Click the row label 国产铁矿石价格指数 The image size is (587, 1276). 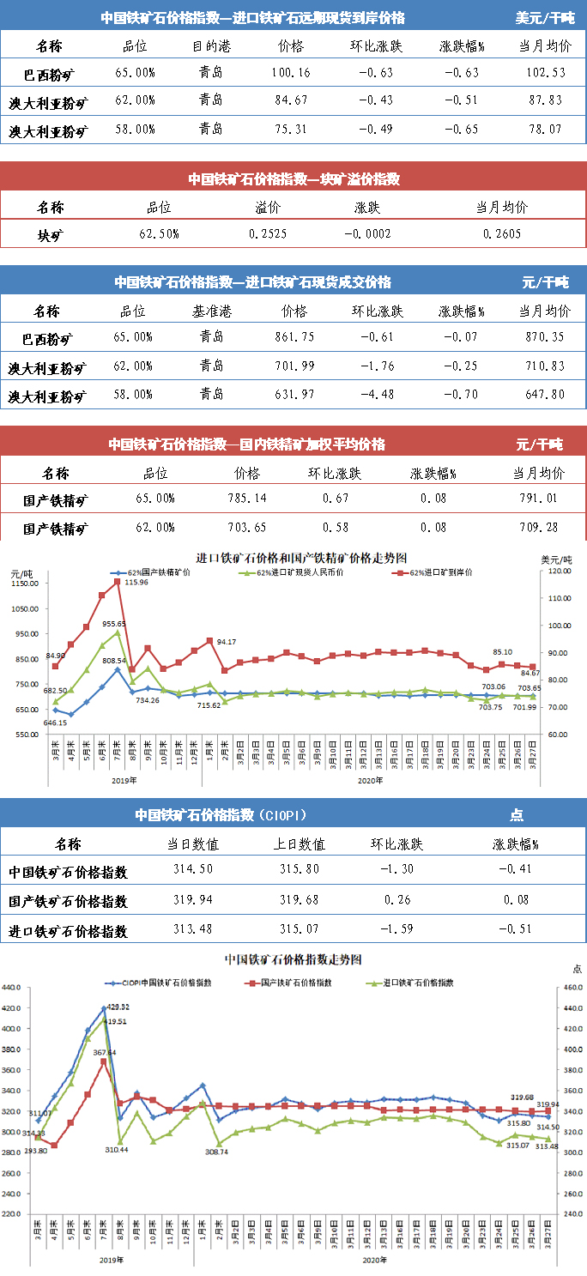coord(69,901)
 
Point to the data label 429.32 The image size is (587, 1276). coord(118,1006)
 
